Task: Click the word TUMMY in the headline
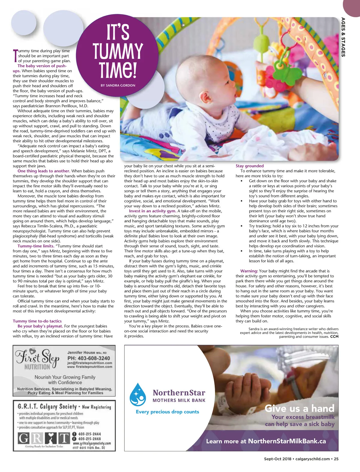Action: click(x=118, y=51)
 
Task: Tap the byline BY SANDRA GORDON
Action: click(x=118, y=85)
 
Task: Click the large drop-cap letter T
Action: click(x=15, y=56)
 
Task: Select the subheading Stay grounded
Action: click(x=250, y=166)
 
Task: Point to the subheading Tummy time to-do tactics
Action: click(x=37, y=321)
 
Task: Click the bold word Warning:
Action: click(x=249, y=271)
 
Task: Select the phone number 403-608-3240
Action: click(x=89, y=358)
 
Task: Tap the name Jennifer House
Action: click(x=81, y=352)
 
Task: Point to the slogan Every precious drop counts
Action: click(x=167, y=412)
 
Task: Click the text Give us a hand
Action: click(x=299, y=408)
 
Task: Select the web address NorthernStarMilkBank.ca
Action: click(x=287, y=441)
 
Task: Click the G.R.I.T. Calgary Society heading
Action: click(x=47, y=407)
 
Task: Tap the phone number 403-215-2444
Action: click(x=89, y=434)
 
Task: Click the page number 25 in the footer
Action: click(x=336, y=459)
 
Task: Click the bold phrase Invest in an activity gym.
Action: click(x=153, y=211)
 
